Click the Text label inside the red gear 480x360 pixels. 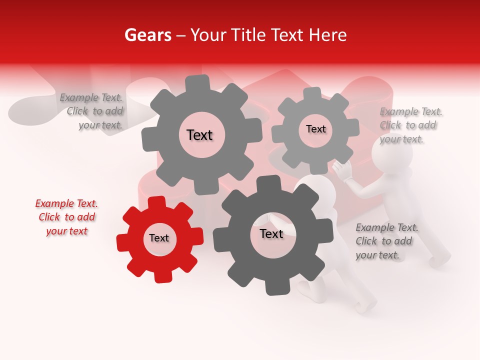point(159,238)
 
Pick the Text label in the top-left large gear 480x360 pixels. point(199,135)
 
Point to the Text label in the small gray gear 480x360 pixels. point(315,129)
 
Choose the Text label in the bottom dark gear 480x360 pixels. point(271,234)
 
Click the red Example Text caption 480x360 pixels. point(66,217)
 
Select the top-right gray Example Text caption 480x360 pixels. point(410,125)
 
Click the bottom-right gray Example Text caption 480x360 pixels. point(386,241)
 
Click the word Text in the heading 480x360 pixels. point(289,35)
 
